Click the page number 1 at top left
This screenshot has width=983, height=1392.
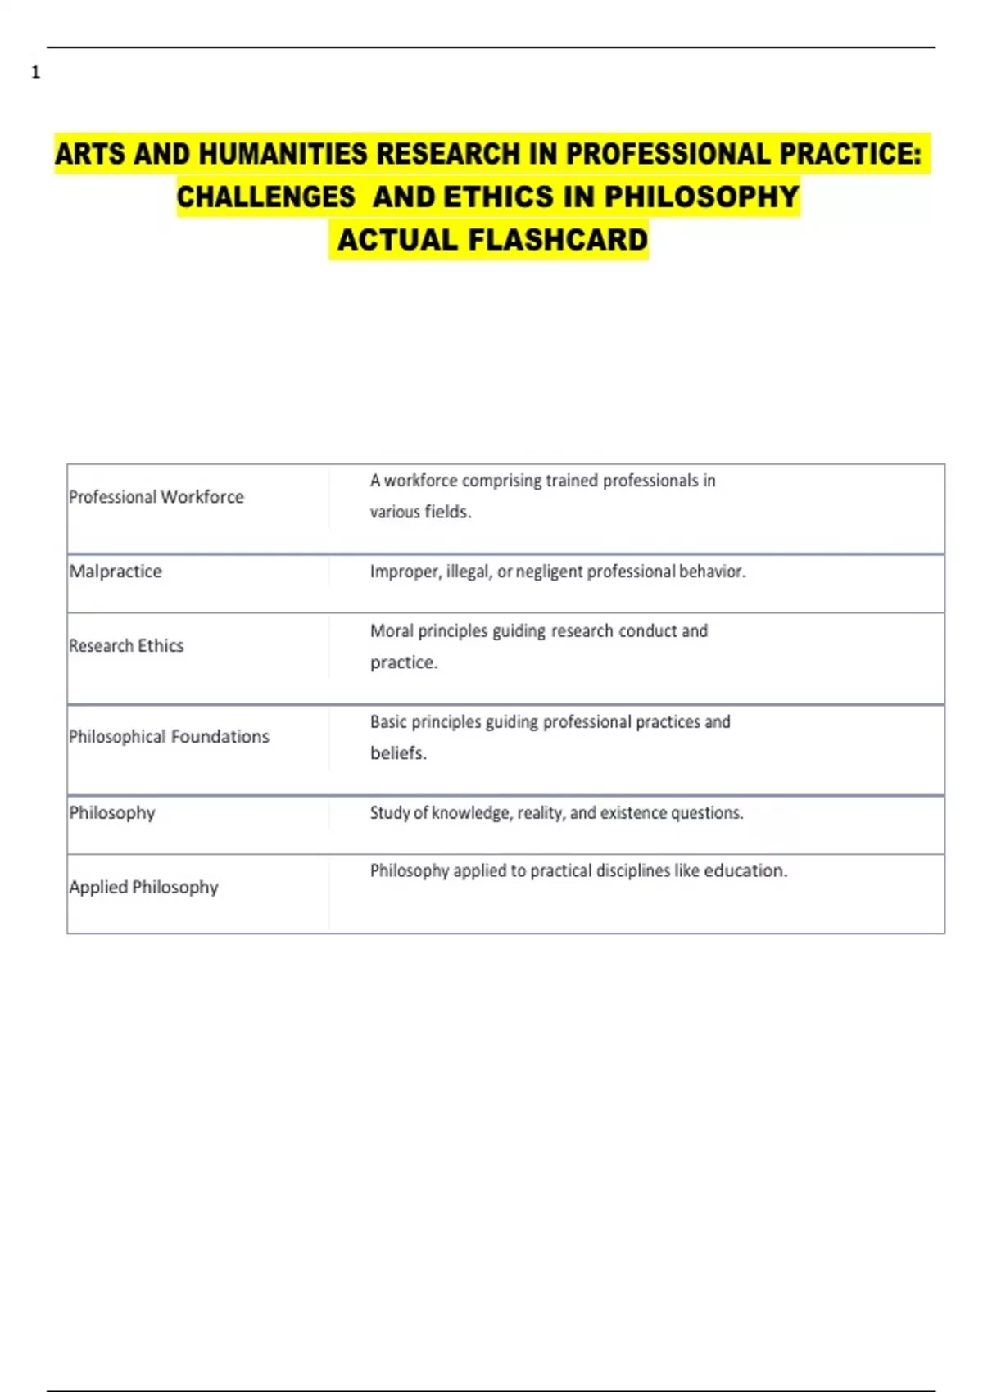point(35,73)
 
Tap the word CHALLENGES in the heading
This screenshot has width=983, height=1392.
point(265,197)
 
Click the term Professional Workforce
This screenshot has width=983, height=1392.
point(156,497)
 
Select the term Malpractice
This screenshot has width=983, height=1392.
point(116,572)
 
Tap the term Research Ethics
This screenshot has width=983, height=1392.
point(126,646)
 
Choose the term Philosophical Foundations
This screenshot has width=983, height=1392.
point(169,737)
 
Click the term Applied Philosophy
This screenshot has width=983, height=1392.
point(143,888)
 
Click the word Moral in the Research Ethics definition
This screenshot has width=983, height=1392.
point(392,631)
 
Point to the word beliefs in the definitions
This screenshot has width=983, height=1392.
point(398,753)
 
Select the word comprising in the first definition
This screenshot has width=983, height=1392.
point(501,481)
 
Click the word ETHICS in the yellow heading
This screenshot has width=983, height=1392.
point(499,197)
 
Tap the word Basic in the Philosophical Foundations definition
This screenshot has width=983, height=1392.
point(388,722)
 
